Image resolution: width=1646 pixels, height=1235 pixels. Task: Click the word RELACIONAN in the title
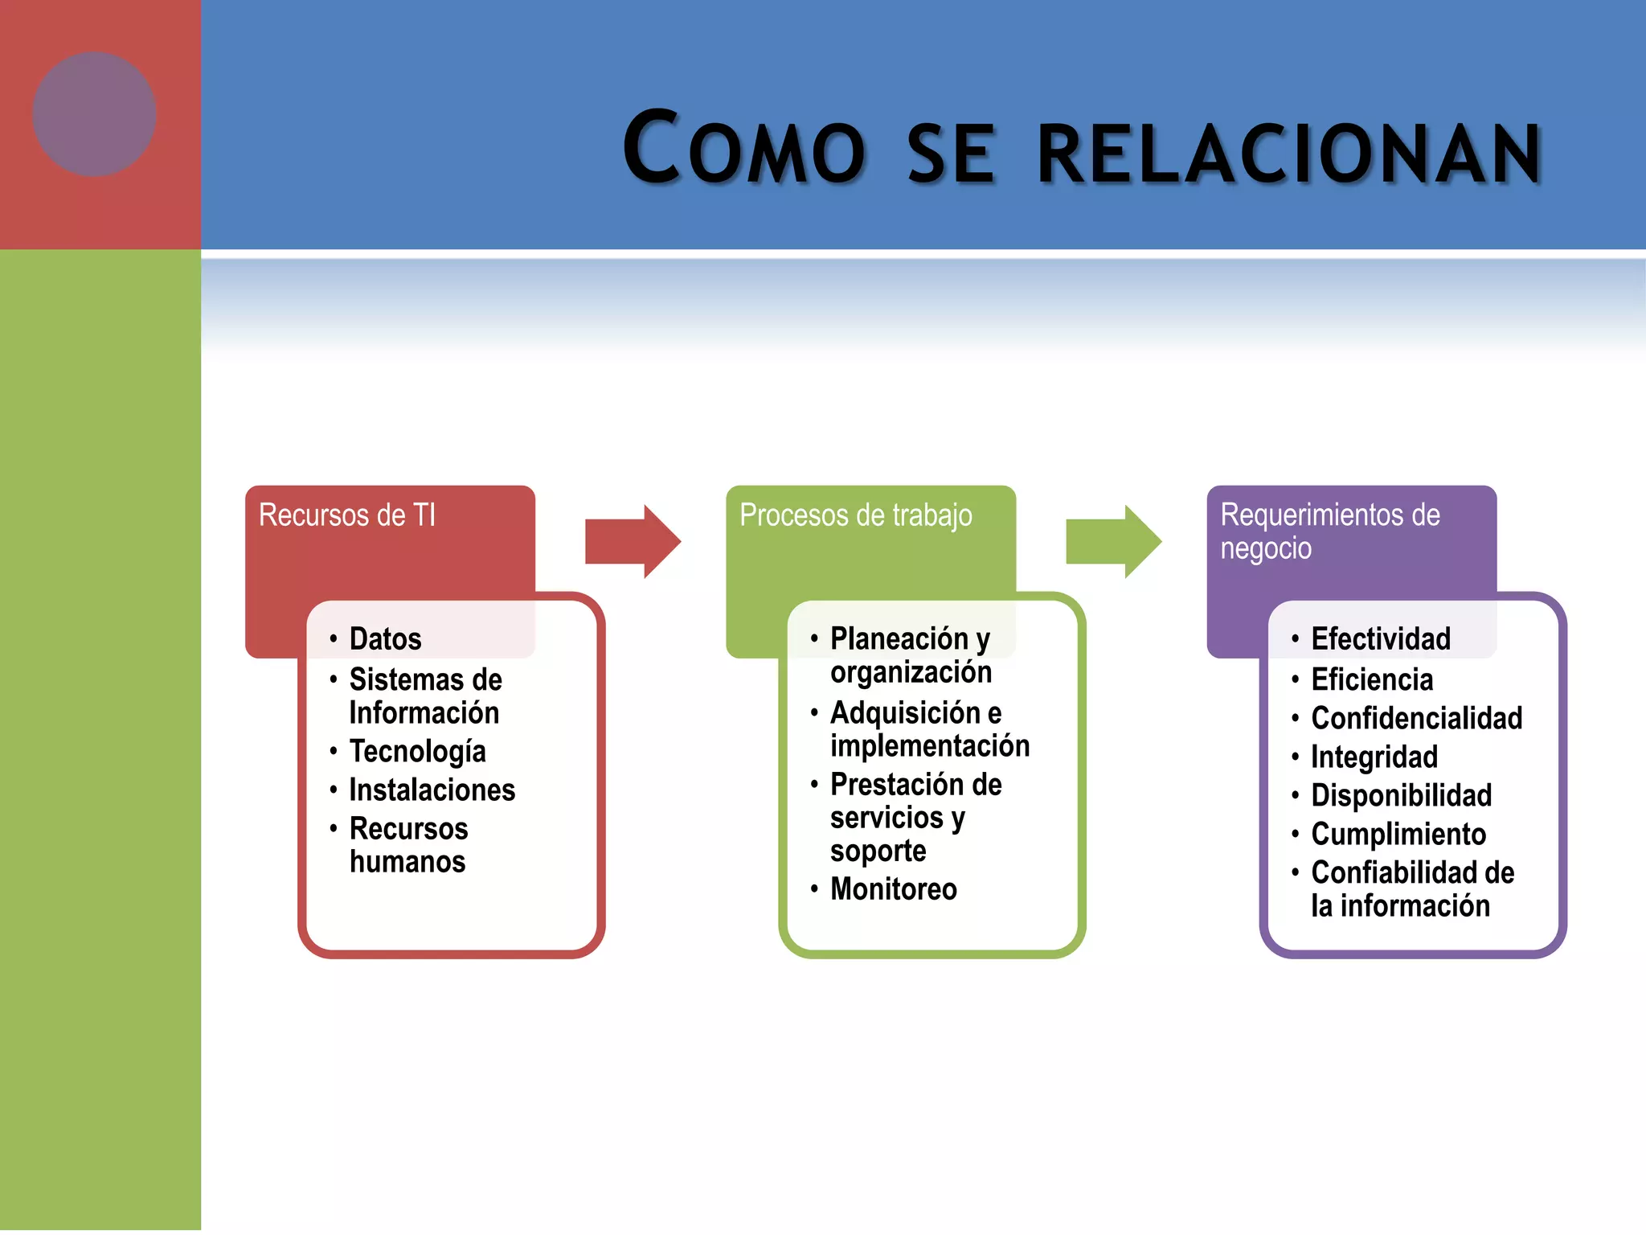[1289, 153]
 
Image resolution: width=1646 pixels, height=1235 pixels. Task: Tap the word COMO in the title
[744, 150]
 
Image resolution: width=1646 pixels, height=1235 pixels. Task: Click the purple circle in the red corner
[95, 114]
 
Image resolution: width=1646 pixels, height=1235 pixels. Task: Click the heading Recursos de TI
[347, 515]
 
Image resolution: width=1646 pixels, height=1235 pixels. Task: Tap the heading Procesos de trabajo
[855, 515]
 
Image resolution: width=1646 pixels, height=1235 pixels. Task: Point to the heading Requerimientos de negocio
[1329, 531]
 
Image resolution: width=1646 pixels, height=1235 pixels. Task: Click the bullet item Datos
[385, 639]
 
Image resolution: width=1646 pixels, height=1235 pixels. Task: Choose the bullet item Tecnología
[417, 752]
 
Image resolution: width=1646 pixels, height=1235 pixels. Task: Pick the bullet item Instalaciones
[432, 790]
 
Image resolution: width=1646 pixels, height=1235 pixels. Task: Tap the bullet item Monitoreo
[893, 889]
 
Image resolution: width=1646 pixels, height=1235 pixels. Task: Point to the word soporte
[878, 851]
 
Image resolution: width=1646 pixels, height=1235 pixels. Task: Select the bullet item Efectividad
[1380, 639]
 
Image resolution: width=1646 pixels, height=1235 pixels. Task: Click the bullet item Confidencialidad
[1416, 718]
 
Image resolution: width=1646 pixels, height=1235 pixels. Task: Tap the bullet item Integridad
[1374, 757]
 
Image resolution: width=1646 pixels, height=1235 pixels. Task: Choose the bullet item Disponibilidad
[1401, 796]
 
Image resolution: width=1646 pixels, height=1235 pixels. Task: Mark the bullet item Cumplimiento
[1398, 835]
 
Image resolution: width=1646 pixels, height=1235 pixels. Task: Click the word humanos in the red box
[407, 862]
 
